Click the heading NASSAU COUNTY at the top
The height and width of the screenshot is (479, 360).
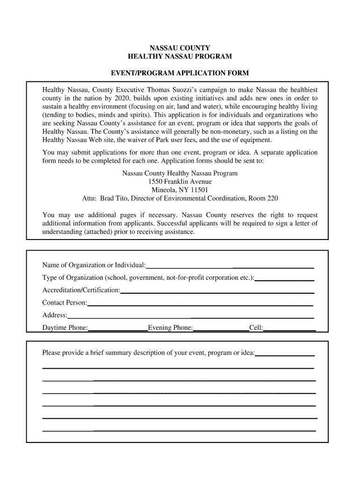[x=180, y=48]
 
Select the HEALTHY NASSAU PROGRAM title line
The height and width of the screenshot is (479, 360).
[x=180, y=57]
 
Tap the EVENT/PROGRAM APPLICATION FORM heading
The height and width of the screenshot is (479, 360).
[x=180, y=73]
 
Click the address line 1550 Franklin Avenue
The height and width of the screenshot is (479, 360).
[x=180, y=181]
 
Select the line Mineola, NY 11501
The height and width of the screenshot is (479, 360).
[x=180, y=190]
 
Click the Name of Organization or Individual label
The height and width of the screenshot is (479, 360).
[x=94, y=266]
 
